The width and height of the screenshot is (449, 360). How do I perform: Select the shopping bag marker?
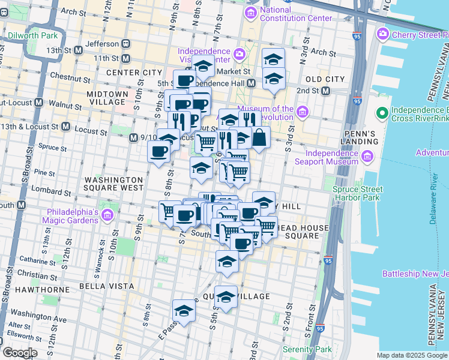(x=260, y=137)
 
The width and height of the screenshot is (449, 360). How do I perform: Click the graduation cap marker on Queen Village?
(x=226, y=297)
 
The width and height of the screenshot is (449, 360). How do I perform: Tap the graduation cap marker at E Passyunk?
(x=184, y=311)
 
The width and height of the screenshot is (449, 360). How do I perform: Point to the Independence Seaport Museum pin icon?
(x=367, y=157)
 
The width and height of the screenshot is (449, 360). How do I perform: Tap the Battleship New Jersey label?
(x=415, y=274)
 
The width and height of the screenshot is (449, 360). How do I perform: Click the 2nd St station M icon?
(x=325, y=91)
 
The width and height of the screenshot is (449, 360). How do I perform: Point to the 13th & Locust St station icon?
(x=65, y=128)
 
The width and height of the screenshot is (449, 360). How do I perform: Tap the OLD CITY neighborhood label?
(x=325, y=79)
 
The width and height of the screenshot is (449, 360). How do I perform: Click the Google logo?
(x=19, y=353)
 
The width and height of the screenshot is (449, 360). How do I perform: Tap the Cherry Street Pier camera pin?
(x=383, y=35)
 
